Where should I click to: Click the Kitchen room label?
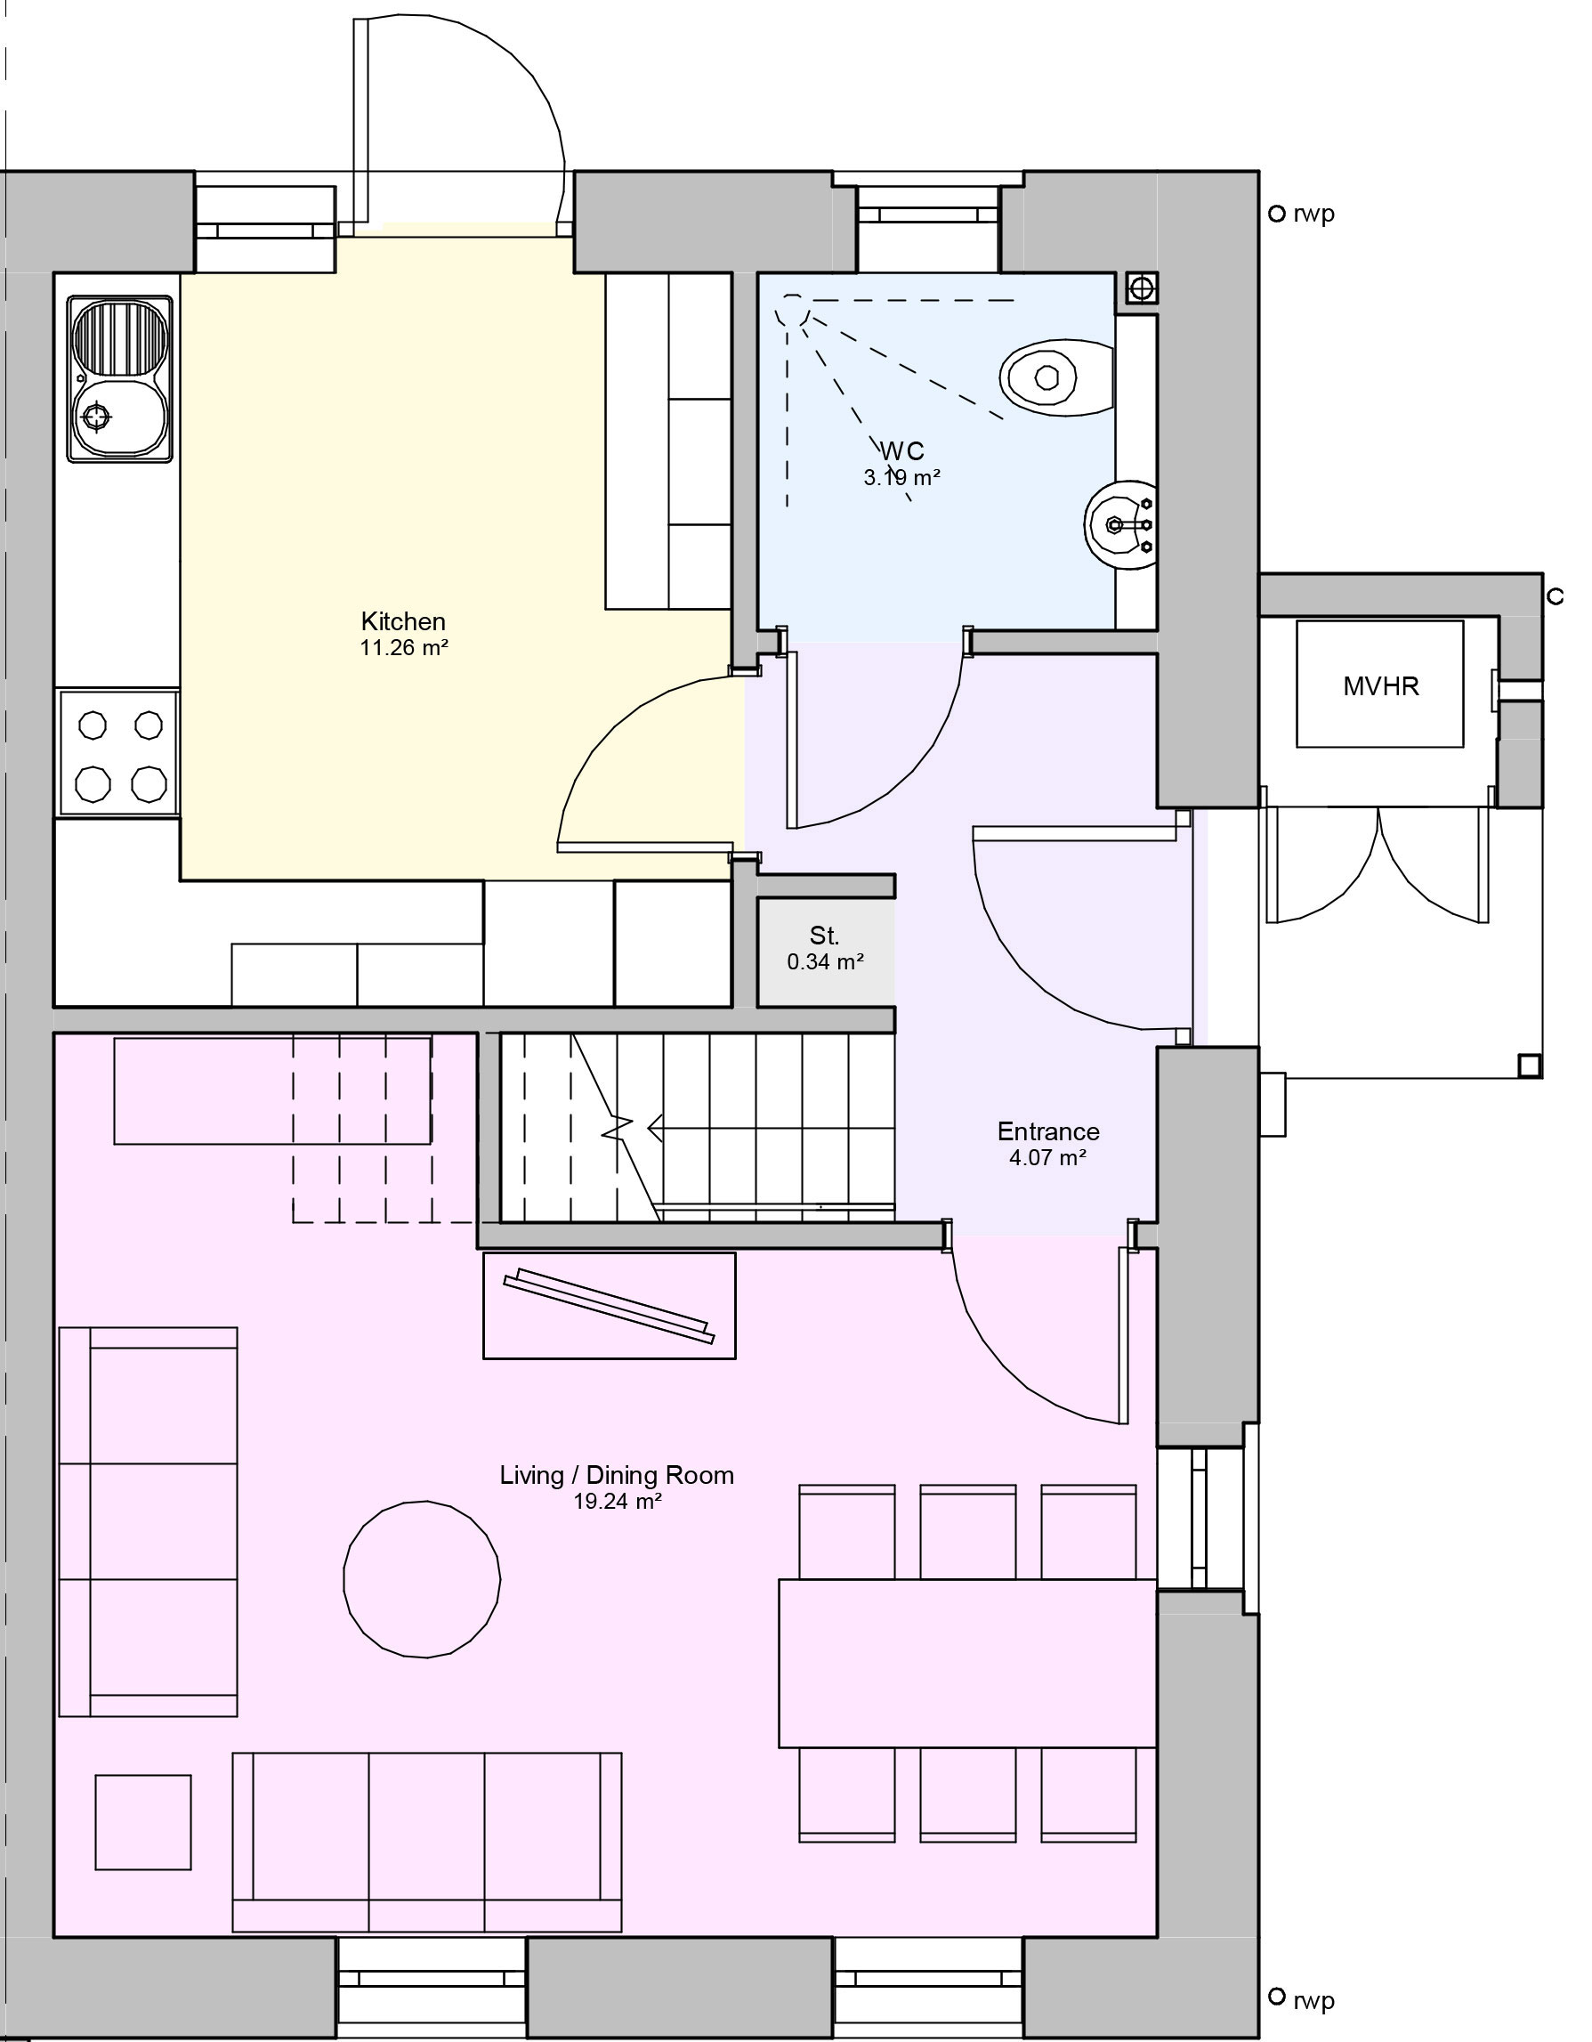click(403, 621)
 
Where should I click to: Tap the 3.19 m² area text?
click(902, 478)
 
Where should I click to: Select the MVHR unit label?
click(1381, 686)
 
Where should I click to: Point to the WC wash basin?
click(1119, 525)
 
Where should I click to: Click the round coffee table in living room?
click(422, 1579)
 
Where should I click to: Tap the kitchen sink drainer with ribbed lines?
click(119, 337)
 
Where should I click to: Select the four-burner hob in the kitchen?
click(119, 754)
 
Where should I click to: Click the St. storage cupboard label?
click(825, 936)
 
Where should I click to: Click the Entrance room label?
click(1048, 1132)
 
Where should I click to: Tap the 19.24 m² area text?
click(617, 1503)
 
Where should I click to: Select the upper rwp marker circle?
click(1276, 215)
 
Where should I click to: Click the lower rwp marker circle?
click(1276, 1997)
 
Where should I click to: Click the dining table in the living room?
click(967, 1664)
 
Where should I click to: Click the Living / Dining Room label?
click(617, 1475)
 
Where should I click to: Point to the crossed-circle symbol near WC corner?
click(1142, 289)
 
